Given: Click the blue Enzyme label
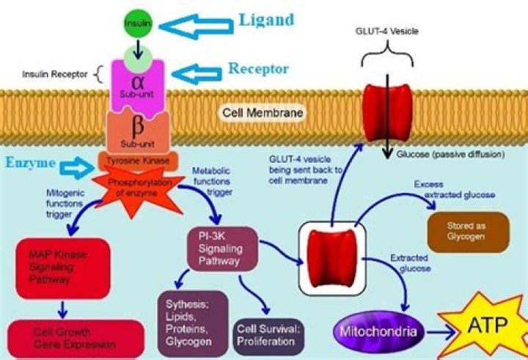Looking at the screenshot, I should (x=30, y=161).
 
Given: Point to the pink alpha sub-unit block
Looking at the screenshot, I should (x=136, y=83).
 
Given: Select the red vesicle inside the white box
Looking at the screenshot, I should (x=331, y=257).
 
